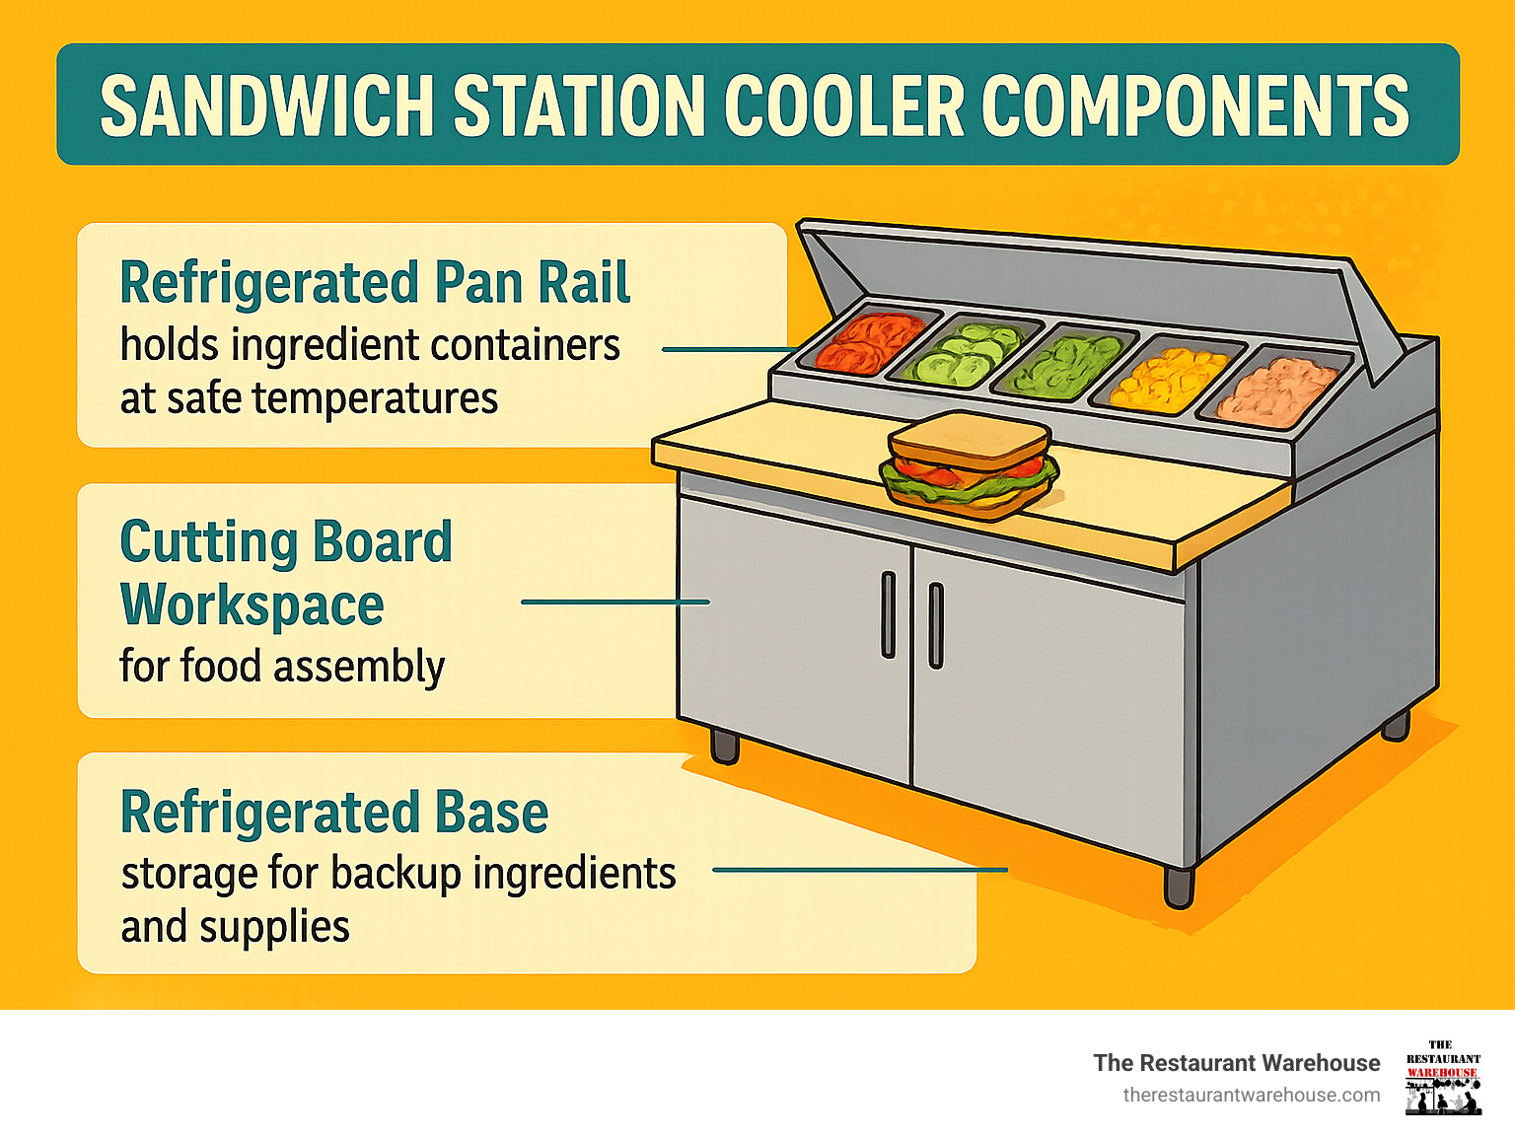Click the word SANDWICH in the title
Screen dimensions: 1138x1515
pyautogui.click(x=267, y=106)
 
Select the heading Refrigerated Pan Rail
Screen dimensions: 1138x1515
pyautogui.click(x=374, y=283)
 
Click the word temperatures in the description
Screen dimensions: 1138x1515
pyautogui.click(x=375, y=398)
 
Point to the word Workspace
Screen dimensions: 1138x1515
pyautogui.click(x=252, y=605)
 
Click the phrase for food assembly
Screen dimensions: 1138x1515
pyautogui.click(x=282, y=666)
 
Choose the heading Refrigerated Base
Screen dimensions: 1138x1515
pyautogui.click(x=333, y=813)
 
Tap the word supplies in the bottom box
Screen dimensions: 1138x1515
pyautogui.click(x=288, y=927)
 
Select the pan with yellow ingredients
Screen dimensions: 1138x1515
pyautogui.click(x=1169, y=379)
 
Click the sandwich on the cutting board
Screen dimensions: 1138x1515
pyautogui.click(x=968, y=464)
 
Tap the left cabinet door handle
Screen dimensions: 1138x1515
pyautogui.click(x=888, y=613)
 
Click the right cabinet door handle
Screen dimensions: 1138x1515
pyautogui.click(x=936, y=624)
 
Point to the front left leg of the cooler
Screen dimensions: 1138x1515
pyautogui.click(x=724, y=746)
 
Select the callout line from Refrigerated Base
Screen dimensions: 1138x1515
pyautogui.click(x=859, y=870)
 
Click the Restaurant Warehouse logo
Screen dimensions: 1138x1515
pyautogui.click(x=1442, y=1077)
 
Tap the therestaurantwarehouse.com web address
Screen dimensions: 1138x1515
pyautogui.click(x=1251, y=1095)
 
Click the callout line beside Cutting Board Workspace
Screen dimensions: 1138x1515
pyautogui.click(x=614, y=602)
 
